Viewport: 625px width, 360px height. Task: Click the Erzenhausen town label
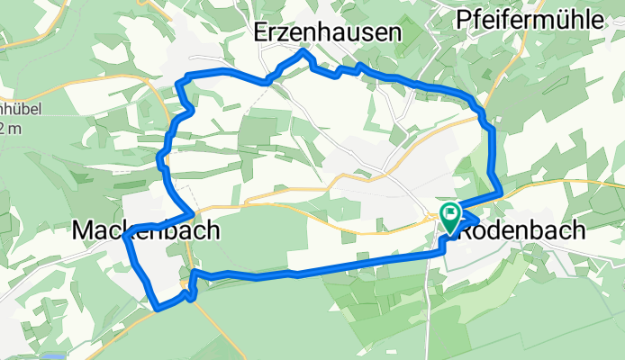[x=327, y=33]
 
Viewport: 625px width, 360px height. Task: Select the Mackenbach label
[x=145, y=231]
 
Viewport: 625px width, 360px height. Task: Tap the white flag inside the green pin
[x=449, y=212]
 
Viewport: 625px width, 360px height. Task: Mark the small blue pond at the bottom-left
[x=52, y=357]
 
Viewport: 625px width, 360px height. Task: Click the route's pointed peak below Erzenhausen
[x=304, y=53]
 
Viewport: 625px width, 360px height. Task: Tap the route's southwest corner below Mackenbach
[x=159, y=309]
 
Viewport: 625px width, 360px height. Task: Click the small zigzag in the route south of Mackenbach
[x=187, y=291]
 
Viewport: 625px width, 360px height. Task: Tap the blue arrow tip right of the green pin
[x=477, y=213]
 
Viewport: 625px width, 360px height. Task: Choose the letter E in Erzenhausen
[x=262, y=33]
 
